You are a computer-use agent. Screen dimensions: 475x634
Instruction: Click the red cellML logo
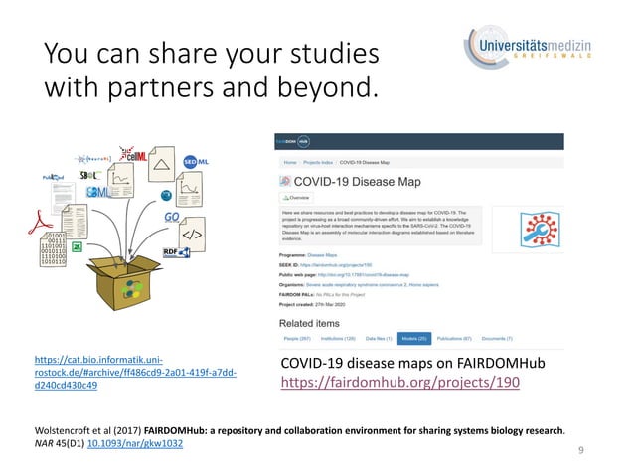click(x=132, y=154)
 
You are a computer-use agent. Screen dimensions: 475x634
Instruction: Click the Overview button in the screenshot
click(x=296, y=198)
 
